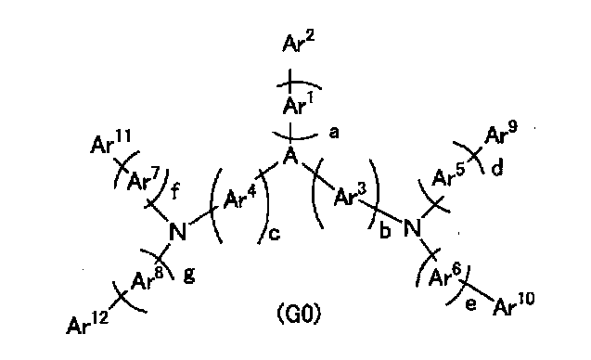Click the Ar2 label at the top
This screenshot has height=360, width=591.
298,43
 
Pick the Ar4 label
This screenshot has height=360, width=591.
239,198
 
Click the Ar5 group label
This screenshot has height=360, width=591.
448,175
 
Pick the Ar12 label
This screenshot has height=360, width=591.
87,323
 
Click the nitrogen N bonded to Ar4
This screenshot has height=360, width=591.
177,231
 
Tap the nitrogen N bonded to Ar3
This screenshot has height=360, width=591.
412,228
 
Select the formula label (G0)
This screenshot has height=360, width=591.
300,314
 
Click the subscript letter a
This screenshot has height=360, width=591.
334,133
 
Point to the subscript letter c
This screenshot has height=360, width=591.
274,234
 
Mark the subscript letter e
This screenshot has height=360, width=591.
470,304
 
